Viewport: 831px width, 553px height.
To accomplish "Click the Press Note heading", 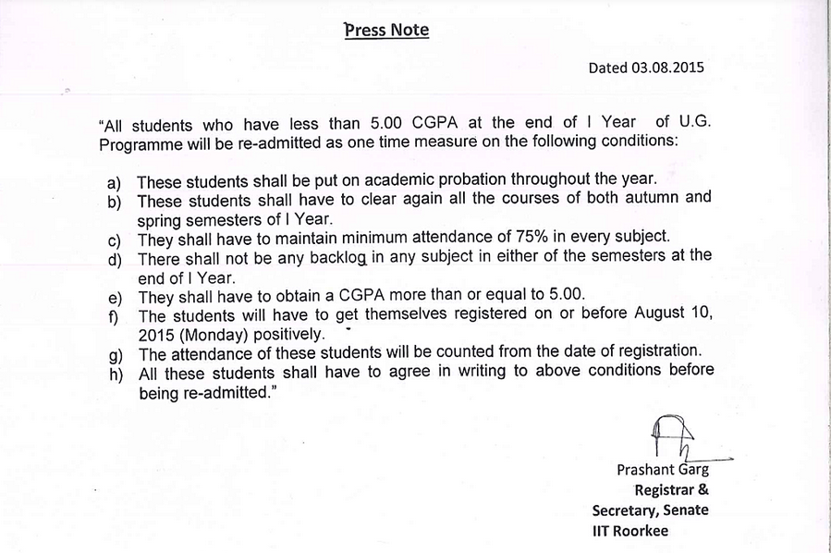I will tap(386, 30).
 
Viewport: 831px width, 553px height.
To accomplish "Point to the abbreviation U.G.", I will tap(691, 124).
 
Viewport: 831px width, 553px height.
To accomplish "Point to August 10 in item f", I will tap(674, 313).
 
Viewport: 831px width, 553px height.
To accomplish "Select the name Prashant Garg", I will tap(663, 470).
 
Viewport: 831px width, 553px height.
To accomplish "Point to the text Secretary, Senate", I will tap(651, 510).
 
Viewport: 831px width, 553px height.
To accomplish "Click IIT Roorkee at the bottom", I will tap(629, 531).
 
